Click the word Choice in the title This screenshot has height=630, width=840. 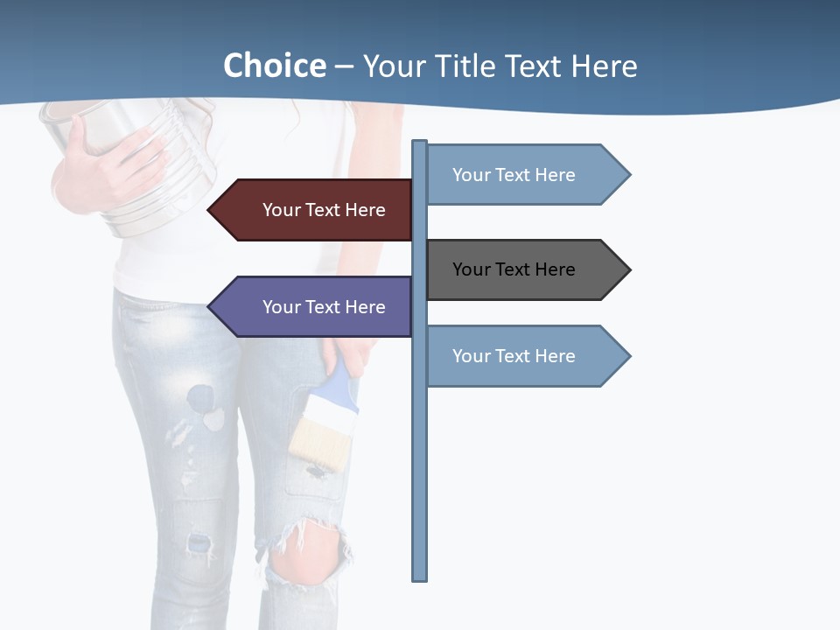click(274, 66)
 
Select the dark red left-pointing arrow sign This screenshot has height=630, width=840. click(315, 210)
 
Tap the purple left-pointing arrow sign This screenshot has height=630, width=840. click(315, 307)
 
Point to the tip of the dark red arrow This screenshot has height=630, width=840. click(210, 210)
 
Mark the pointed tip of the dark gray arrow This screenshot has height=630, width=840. click(628, 269)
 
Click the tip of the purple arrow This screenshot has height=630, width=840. click(210, 307)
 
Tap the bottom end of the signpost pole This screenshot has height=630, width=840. click(419, 577)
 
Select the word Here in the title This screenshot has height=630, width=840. click(604, 66)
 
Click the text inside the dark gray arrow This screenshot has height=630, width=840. click(514, 269)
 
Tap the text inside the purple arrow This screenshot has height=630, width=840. click(324, 307)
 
